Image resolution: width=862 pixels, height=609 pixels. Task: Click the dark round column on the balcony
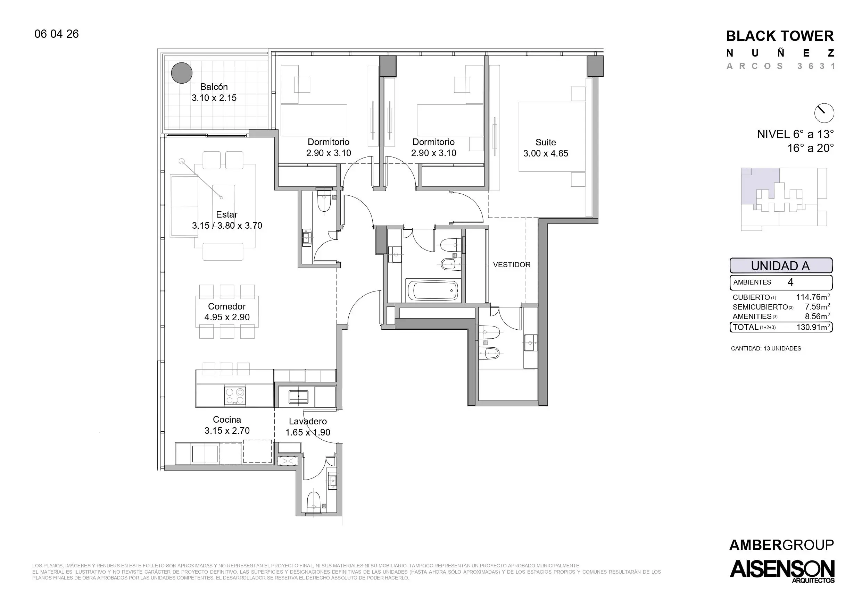pyautogui.click(x=182, y=73)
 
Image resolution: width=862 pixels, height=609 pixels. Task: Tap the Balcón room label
pyautogui.click(x=214, y=87)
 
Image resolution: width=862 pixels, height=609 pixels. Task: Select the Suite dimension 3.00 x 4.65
pyautogui.click(x=546, y=153)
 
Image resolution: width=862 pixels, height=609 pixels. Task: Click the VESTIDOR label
pyautogui.click(x=512, y=264)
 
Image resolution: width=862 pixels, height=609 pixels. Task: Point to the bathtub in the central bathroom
pyautogui.click(x=432, y=290)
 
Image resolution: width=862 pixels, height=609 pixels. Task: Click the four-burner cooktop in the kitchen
pyautogui.click(x=235, y=396)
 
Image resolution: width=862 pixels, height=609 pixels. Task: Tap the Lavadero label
pyautogui.click(x=308, y=421)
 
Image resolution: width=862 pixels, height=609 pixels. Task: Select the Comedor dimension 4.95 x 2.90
pyautogui.click(x=227, y=318)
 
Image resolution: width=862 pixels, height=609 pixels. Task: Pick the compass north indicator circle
pyautogui.click(x=824, y=113)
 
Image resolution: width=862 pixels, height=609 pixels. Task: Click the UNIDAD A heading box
pyautogui.click(x=781, y=266)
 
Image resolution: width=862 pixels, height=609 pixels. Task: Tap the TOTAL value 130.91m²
pyautogui.click(x=813, y=327)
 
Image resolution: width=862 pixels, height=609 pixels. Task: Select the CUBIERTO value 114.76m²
pyautogui.click(x=813, y=297)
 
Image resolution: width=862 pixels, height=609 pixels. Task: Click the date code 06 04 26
pyautogui.click(x=57, y=34)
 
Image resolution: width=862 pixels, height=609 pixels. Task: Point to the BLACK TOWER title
pyautogui.click(x=780, y=36)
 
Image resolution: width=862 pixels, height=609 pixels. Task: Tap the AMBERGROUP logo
pyautogui.click(x=782, y=545)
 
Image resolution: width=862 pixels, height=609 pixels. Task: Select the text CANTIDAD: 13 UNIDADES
pyautogui.click(x=766, y=349)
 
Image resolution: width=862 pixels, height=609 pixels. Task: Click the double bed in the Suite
pyautogui.click(x=552, y=137)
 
